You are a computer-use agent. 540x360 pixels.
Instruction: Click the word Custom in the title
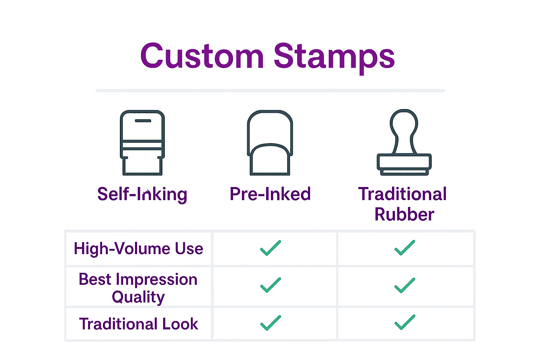[x=202, y=56]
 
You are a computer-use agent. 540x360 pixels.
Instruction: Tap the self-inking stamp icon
[x=142, y=143]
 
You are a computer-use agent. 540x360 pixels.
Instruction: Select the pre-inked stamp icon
[x=270, y=143]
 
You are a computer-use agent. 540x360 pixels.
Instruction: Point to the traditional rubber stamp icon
[x=404, y=143]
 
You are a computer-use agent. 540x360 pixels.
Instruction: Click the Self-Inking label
[x=142, y=194]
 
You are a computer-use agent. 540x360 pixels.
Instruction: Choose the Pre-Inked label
[x=270, y=194]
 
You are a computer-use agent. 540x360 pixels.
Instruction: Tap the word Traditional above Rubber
[x=403, y=194]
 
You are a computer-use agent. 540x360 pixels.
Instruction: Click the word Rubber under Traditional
[x=404, y=214]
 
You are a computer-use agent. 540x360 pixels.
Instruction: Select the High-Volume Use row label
[x=139, y=249]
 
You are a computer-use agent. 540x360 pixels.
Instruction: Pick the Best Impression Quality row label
[x=138, y=288]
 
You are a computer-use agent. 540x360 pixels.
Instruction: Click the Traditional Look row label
[x=139, y=324]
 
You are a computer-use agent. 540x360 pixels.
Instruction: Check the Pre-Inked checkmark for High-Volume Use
[x=270, y=248]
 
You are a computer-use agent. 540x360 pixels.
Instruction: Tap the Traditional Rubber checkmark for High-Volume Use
[x=405, y=248]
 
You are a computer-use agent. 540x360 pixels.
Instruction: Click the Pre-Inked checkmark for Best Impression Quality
[x=270, y=285]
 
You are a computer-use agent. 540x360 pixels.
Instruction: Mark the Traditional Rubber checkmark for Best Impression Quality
[x=405, y=285]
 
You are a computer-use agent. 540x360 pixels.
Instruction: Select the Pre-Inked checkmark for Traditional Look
[x=270, y=323]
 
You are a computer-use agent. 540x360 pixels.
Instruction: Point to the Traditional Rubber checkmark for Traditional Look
[x=405, y=322]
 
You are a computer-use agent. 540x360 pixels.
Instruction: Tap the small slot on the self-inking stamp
[x=143, y=121]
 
